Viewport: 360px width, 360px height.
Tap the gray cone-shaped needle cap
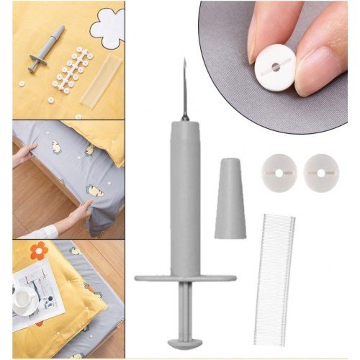(230, 198)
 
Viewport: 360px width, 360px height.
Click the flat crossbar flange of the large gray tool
(185, 277)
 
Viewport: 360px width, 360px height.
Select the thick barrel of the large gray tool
(185, 194)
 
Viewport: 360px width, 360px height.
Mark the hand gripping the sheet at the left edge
(24, 154)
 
